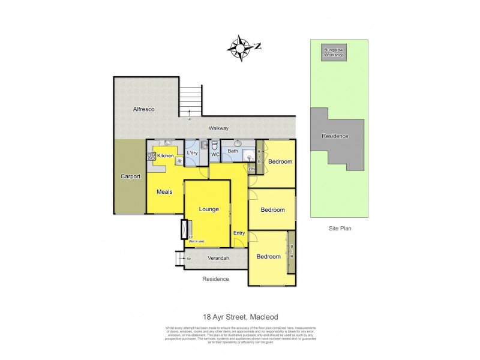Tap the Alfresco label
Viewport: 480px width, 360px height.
(144, 109)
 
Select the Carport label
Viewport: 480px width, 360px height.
(130, 176)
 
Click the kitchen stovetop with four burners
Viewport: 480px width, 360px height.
(151, 156)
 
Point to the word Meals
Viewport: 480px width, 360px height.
(164, 192)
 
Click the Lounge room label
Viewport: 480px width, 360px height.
(208, 209)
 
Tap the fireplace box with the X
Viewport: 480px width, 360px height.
(184, 229)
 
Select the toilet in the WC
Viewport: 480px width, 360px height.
(214, 145)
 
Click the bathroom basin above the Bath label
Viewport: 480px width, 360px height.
(238, 143)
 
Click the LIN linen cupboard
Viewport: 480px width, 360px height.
(252, 170)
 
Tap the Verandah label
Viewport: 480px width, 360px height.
(217, 259)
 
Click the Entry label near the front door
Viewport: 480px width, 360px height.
(238, 233)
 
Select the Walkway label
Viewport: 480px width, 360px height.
(218, 128)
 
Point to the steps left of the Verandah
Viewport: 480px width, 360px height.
(179, 258)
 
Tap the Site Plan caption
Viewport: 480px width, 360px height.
(339, 229)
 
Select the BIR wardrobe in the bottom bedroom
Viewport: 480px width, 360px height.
(292, 251)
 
